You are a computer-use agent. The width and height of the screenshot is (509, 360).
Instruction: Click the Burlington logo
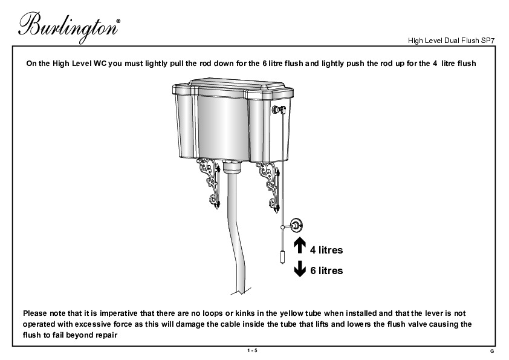(x=69, y=27)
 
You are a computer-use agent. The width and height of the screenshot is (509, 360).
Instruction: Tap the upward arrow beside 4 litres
(x=300, y=245)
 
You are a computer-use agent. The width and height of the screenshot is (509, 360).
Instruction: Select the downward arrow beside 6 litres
(x=300, y=269)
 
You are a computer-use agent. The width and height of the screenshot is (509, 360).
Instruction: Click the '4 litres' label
(x=326, y=250)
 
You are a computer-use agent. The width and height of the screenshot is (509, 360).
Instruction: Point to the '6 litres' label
(x=326, y=270)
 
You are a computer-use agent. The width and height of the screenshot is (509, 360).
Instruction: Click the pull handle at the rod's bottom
(x=282, y=257)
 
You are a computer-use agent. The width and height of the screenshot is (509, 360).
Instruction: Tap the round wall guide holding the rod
(x=296, y=225)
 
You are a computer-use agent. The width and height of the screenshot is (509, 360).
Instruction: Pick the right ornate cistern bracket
(x=269, y=187)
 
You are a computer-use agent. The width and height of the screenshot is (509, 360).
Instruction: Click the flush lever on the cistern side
(x=279, y=110)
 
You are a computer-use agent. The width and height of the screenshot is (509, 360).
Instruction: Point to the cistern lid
(x=233, y=87)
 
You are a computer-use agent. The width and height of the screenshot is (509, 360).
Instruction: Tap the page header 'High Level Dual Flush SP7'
(x=451, y=41)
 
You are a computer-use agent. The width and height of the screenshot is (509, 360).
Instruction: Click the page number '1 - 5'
(x=252, y=350)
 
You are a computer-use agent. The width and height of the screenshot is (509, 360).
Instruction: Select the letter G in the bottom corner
(x=492, y=352)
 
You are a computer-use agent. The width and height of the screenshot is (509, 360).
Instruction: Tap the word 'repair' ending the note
(x=106, y=335)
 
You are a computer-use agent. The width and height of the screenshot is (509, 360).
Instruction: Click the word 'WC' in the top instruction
(x=100, y=64)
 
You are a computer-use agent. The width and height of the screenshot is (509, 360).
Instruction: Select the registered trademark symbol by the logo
(x=118, y=21)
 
